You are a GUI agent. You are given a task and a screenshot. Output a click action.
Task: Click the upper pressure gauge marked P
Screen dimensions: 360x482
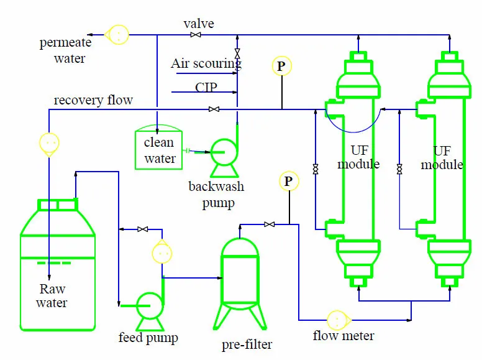281,66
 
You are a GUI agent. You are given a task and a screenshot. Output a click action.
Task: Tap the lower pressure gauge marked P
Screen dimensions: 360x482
288,181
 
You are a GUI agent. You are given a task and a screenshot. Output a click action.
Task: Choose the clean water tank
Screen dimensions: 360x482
159,149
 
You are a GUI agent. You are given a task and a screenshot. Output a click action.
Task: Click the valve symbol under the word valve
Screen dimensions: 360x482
196,35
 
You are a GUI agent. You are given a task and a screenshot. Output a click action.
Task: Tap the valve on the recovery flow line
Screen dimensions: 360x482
214,109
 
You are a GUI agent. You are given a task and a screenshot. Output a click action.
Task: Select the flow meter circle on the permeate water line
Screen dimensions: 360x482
116,35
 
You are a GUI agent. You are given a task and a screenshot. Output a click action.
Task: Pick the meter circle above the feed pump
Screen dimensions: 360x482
162,253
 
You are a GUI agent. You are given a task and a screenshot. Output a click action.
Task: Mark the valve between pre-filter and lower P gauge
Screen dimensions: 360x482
270,224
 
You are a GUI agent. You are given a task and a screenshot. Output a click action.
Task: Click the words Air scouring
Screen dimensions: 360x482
206,63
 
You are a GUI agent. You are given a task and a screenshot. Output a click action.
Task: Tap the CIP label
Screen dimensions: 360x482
206,87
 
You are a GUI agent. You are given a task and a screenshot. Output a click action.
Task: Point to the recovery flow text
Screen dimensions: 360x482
93,100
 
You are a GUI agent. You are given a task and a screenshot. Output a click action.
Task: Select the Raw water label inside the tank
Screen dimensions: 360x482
52,296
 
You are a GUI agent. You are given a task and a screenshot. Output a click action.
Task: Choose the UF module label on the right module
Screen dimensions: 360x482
442,158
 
